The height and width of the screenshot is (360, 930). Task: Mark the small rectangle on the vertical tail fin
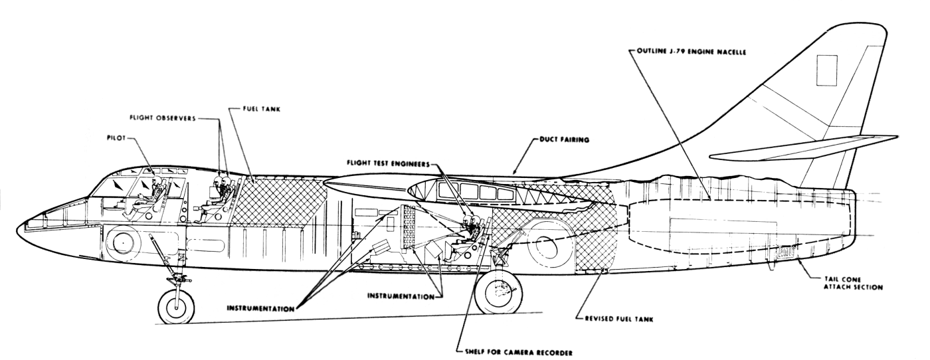coord(827,68)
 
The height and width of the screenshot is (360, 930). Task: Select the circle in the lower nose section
coord(123,244)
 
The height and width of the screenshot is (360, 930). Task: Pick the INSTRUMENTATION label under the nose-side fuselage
coord(261,308)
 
